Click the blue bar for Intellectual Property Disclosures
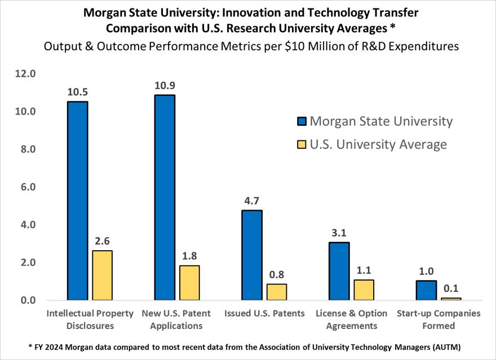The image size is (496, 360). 77,201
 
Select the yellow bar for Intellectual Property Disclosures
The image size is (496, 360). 102,275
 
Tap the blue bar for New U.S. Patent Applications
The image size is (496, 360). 165,197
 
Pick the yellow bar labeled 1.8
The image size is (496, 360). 189,282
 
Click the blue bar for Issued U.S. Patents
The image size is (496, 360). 251,255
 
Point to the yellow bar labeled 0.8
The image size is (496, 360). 276,292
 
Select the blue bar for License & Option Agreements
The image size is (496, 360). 339,271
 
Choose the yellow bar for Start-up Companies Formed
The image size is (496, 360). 450,299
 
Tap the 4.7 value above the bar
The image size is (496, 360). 251,201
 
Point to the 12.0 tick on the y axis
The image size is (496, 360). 25,74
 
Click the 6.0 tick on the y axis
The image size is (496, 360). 27,187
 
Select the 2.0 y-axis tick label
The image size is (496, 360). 27,263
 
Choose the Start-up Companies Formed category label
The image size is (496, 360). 438,319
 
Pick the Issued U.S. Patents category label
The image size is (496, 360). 264,314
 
